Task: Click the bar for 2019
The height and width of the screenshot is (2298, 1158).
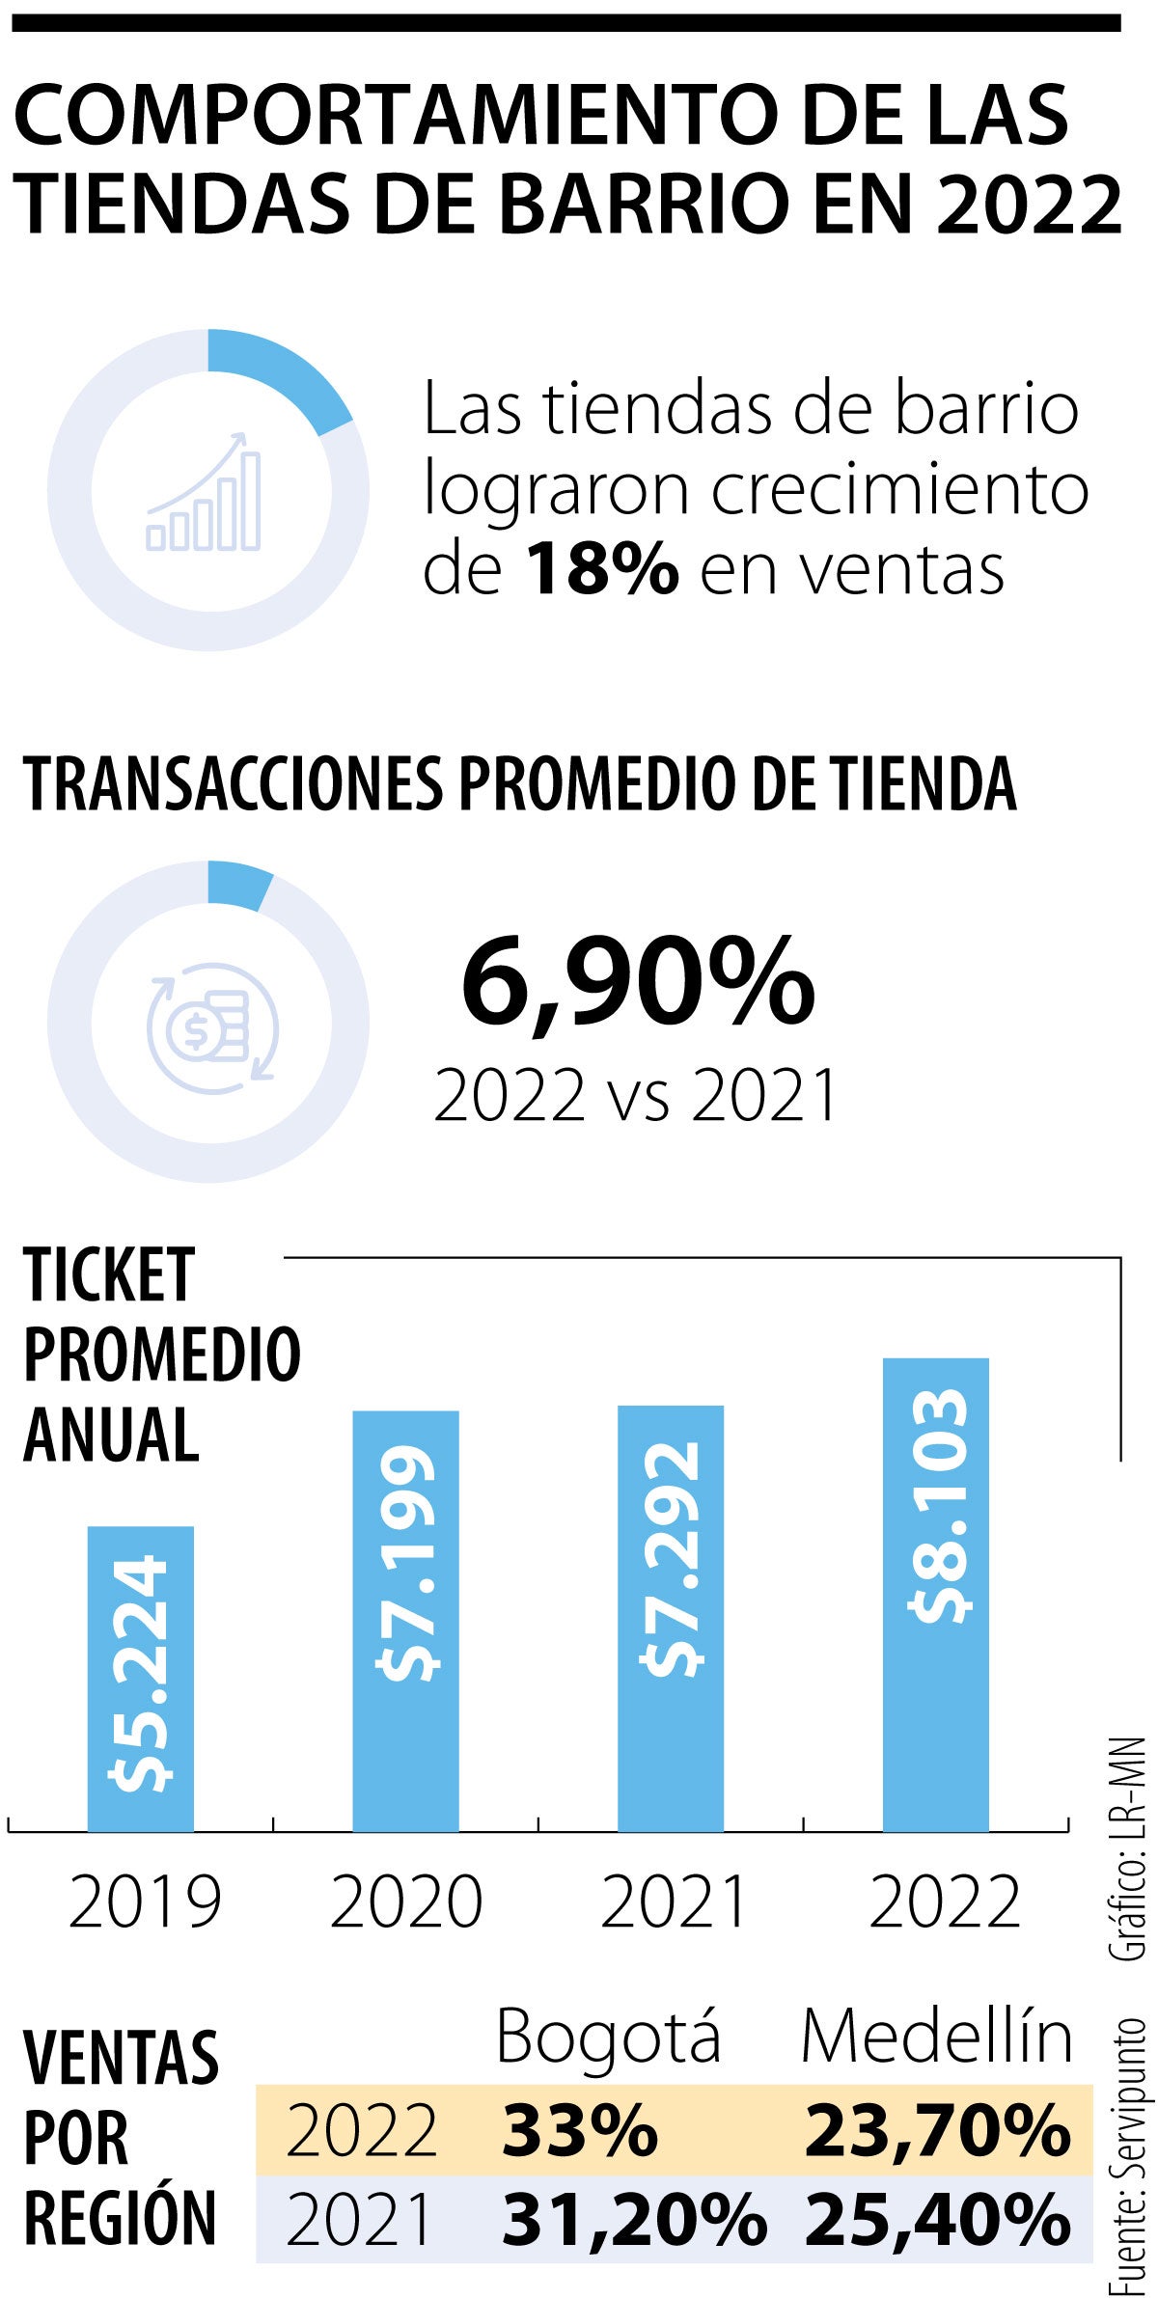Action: click(141, 1678)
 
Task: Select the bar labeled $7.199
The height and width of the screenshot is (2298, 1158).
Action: click(405, 1620)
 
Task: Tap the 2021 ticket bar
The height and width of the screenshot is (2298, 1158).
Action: click(671, 1618)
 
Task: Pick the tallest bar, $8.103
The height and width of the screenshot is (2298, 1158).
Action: click(936, 1594)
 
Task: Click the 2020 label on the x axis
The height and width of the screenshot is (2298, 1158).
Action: click(406, 1901)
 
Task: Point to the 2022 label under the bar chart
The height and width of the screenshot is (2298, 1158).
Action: click(945, 1901)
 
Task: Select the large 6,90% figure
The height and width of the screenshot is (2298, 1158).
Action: click(638, 983)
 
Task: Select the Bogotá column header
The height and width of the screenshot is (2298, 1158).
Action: click(608, 2037)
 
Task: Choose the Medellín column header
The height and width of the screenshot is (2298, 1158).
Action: click(937, 2037)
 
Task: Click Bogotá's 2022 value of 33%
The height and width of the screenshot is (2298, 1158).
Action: click(579, 2132)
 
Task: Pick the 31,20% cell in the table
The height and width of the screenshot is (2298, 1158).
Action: click(634, 2217)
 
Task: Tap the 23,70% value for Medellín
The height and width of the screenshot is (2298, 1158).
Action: click(937, 2132)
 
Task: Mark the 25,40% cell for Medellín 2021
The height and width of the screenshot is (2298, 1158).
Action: click(937, 2217)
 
